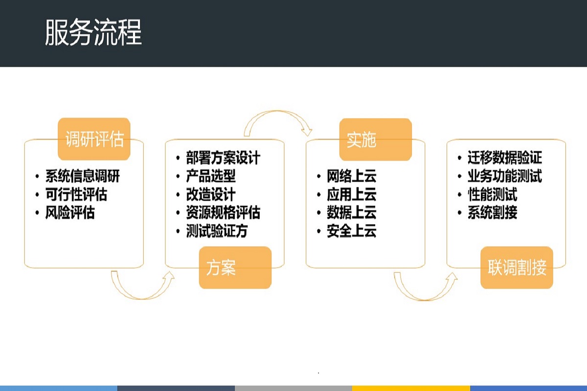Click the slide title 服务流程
pyautogui.click(x=93, y=33)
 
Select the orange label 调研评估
pyautogui.click(x=94, y=139)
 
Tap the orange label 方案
pyautogui.click(x=235, y=268)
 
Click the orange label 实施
pyautogui.click(x=375, y=140)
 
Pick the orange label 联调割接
pyautogui.click(x=517, y=268)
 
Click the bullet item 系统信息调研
pyautogui.click(x=82, y=176)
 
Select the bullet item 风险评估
pyautogui.click(x=70, y=213)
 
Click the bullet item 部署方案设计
pyautogui.click(x=223, y=158)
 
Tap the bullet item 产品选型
pyautogui.click(x=210, y=176)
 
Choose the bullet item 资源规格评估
pyautogui.click(x=223, y=213)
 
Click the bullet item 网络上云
pyautogui.click(x=351, y=176)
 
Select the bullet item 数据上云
pyautogui.click(x=351, y=213)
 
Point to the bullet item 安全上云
pyautogui.click(x=351, y=231)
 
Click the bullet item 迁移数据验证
pyautogui.click(x=504, y=158)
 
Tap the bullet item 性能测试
pyautogui.click(x=492, y=195)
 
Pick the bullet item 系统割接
pyautogui.click(x=492, y=213)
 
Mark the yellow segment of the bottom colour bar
pyautogui.click(x=411, y=388)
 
